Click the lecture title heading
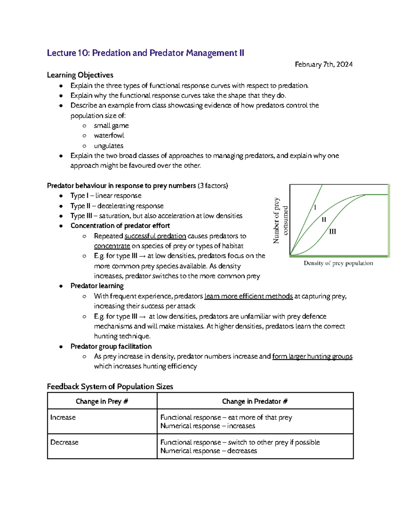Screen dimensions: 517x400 click(145, 53)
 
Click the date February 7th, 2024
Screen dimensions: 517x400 click(323, 64)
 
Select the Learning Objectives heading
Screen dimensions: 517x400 click(80, 75)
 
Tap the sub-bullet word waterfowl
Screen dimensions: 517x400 click(109, 135)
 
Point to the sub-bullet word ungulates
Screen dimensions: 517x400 click(109, 146)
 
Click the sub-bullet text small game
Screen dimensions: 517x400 click(111, 126)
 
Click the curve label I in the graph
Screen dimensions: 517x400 click(315, 207)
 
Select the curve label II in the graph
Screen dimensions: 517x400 click(324, 220)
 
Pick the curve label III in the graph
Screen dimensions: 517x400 click(332, 232)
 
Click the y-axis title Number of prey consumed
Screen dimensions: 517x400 click(280, 220)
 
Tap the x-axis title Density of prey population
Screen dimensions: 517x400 click(338, 263)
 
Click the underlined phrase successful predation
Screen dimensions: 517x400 click(155, 236)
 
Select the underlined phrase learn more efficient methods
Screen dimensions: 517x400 click(248, 296)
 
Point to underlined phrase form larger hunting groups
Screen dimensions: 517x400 click(312, 357)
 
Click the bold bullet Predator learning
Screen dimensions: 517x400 click(97, 286)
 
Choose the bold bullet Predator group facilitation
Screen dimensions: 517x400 click(111, 347)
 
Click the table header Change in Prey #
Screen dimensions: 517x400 click(102, 401)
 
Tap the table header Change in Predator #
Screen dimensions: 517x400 click(255, 401)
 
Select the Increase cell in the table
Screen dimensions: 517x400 click(63, 417)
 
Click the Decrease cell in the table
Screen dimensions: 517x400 click(64, 442)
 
